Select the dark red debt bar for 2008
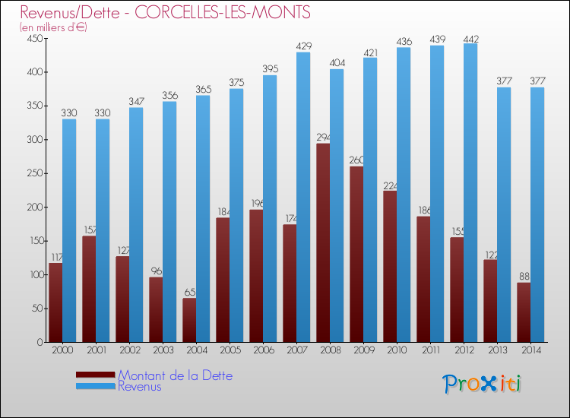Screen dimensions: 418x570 point(323,242)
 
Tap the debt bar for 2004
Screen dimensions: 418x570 point(189,320)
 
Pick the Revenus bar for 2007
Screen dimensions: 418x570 point(303,197)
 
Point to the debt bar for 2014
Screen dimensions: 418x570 point(524,312)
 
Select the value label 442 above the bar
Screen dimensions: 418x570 point(470,38)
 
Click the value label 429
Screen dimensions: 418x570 point(303,46)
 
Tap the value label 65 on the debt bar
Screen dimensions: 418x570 point(189,293)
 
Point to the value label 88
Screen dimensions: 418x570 point(524,277)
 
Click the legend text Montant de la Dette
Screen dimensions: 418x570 point(175,375)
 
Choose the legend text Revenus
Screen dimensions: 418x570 point(139,387)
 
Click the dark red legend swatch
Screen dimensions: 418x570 point(95,375)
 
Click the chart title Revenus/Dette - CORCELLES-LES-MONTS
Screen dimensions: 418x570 point(165,13)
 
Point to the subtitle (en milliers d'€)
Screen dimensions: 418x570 point(53,27)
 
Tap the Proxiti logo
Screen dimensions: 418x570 point(483,384)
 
